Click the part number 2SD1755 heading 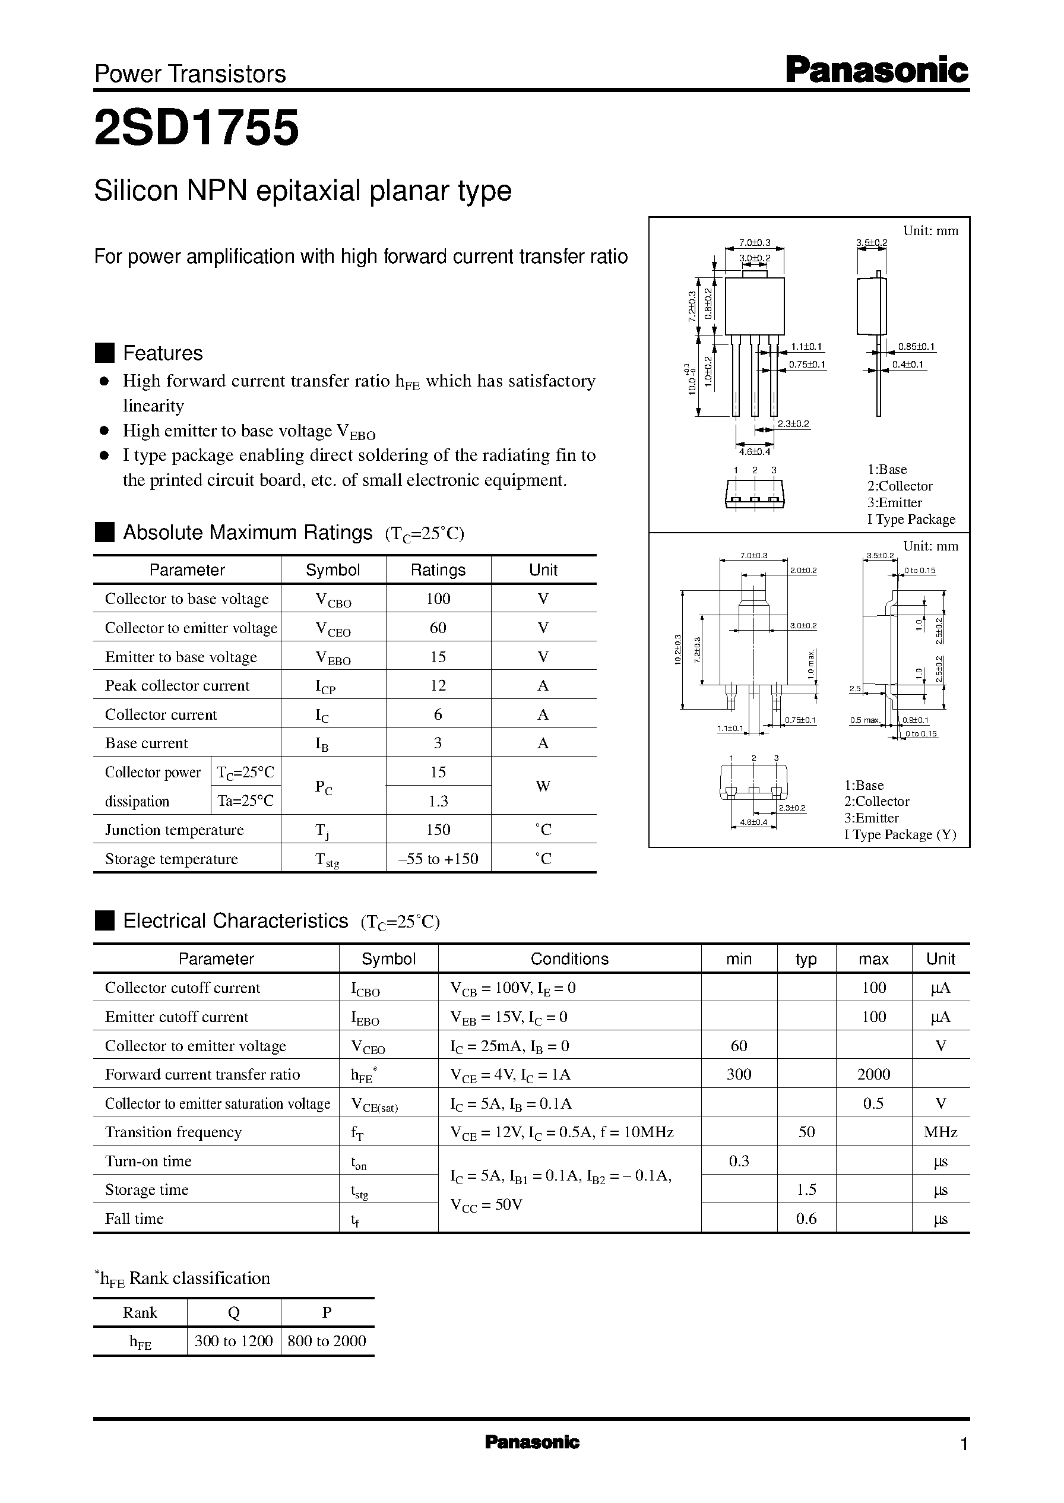pyautogui.click(x=197, y=128)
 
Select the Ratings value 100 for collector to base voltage pyautogui.click(x=438, y=598)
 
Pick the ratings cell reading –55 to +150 pyautogui.click(x=438, y=858)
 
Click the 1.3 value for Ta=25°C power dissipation pyautogui.click(x=438, y=800)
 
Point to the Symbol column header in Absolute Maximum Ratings pyautogui.click(x=333, y=570)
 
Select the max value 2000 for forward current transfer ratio pyautogui.click(x=873, y=1074)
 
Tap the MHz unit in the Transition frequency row pyautogui.click(x=940, y=1132)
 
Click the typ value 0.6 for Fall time pyautogui.click(x=806, y=1219)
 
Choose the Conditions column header pyautogui.click(x=569, y=959)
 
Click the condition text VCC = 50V pyautogui.click(x=486, y=1204)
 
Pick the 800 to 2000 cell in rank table pyautogui.click(x=327, y=1341)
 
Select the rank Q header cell pyautogui.click(x=234, y=1312)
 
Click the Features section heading pyautogui.click(x=163, y=353)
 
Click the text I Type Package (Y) pyautogui.click(x=900, y=835)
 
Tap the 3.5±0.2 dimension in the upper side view pyautogui.click(x=872, y=242)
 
